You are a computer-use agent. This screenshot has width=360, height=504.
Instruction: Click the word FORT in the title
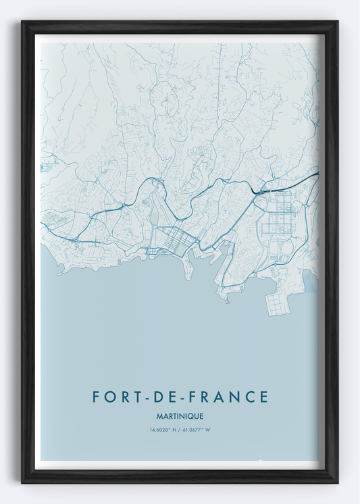pos(113,397)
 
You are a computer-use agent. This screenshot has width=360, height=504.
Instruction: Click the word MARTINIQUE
pos(180,416)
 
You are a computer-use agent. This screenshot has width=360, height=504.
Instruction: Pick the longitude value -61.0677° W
pos(197,430)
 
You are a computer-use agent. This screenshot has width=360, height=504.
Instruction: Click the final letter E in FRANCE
pos(263,397)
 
